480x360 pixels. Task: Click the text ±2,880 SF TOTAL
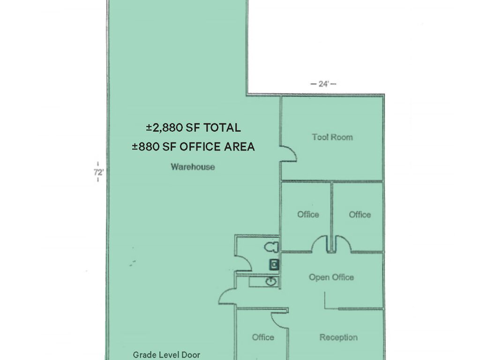(x=193, y=127)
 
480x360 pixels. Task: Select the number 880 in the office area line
(x=149, y=147)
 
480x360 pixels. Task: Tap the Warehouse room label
(x=193, y=167)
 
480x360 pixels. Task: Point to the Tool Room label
(x=332, y=137)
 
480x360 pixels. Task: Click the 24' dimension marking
(x=323, y=83)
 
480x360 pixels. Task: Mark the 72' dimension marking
(x=98, y=172)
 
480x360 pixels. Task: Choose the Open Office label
(x=331, y=277)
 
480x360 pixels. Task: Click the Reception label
(x=338, y=337)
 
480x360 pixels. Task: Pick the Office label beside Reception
(x=263, y=337)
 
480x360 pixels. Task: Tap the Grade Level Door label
(x=166, y=355)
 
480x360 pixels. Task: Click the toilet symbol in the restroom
(x=271, y=247)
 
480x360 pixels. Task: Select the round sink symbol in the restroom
(x=271, y=281)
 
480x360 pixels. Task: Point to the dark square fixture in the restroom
(x=274, y=264)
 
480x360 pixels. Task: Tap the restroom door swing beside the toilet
(x=247, y=260)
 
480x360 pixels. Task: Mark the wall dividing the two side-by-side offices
(x=331, y=217)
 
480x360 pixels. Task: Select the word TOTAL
(x=222, y=127)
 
